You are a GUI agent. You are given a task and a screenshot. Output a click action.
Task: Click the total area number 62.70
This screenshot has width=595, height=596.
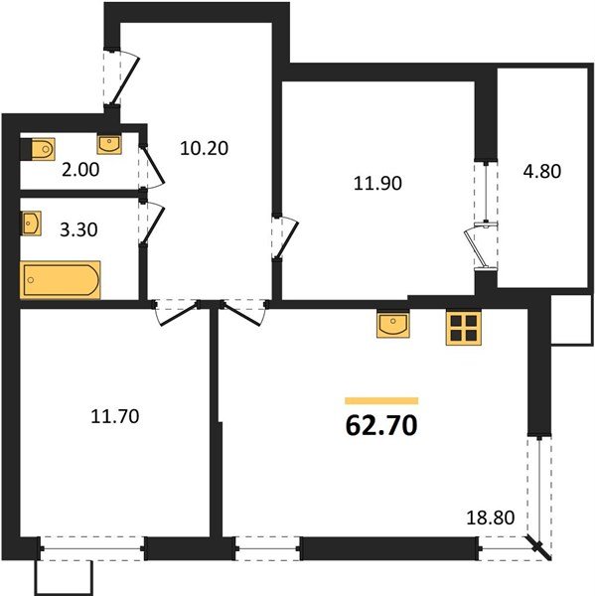click(381, 426)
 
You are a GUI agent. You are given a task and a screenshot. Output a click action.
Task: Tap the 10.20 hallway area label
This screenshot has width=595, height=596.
click(205, 148)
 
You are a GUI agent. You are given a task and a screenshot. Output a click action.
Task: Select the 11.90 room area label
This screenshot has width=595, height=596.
click(377, 184)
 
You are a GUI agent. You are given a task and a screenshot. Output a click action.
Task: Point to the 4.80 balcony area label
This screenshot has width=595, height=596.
click(541, 172)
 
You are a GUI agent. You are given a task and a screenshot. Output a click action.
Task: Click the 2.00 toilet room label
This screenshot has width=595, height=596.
click(80, 170)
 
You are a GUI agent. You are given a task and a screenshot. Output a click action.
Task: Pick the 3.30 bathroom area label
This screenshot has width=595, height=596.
click(78, 229)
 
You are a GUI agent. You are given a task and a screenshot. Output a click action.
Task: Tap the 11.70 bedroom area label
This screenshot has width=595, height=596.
click(115, 416)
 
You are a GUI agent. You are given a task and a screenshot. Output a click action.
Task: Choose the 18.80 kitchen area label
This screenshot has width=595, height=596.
click(491, 518)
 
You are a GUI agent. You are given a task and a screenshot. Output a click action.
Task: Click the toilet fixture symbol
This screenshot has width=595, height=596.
click(38, 149)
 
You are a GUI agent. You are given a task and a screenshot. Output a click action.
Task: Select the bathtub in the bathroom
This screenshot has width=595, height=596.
click(60, 280)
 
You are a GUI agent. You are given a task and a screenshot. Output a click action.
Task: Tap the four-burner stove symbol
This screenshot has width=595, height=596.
click(464, 328)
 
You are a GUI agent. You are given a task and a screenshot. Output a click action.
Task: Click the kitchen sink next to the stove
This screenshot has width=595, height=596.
click(393, 325)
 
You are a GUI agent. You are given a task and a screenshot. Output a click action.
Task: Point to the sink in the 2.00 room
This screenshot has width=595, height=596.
click(109, 144)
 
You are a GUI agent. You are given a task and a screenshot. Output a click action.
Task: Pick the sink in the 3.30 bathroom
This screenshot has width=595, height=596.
click(31, 223)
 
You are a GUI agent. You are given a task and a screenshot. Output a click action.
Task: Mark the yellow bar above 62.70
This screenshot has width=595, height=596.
click(381, 400)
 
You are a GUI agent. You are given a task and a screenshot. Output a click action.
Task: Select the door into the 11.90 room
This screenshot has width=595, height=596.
click(286, 238)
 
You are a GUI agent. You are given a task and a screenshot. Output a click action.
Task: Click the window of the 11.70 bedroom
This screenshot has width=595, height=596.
click(92, 548)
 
